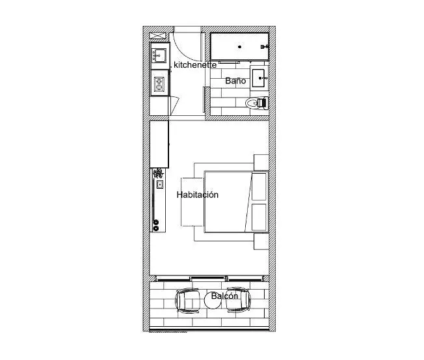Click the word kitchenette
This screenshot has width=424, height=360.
click(195, 65)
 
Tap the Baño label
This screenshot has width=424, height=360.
click(235, 81)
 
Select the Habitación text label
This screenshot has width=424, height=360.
click(198, 195)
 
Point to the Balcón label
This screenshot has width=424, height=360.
click(224, 296)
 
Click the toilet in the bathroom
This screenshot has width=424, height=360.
click(257, 103)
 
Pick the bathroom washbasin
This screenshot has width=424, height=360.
click(258, 78)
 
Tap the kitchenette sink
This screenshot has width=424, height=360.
click(159, 55)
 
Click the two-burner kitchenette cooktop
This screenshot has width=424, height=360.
click(159, 84)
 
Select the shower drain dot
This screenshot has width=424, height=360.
click(239, 47)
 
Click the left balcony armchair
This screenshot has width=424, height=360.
click(188, 300)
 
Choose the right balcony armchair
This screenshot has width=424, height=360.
click(238, 299)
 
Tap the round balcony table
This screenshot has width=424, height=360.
click(213, 301)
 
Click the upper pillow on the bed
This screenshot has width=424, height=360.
click(259, 187)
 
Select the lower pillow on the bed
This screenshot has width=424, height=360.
click(259, 217)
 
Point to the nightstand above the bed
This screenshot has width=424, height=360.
click(261, 162)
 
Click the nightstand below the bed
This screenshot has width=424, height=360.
click(261, 242)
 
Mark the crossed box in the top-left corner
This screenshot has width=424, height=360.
click(157, 35)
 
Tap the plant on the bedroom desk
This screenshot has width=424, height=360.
click(158, 173)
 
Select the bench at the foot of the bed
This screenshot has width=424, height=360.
click(192, 202)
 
